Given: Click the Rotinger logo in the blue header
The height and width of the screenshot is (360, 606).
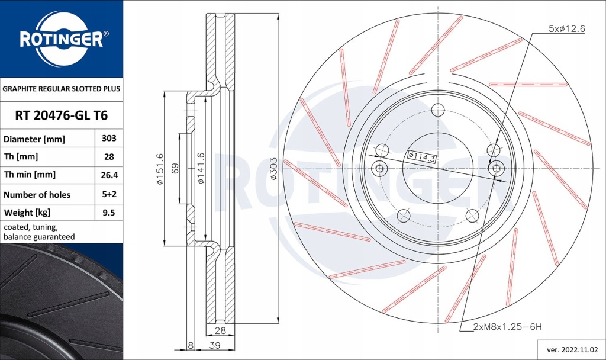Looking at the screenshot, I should pyautogui.click(x=62, y=39).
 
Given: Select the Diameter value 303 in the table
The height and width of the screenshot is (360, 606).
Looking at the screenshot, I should pyautogui.click(x=108, y=139).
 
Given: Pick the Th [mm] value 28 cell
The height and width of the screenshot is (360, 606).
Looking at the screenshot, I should pyautogui.click(x=108, y=157).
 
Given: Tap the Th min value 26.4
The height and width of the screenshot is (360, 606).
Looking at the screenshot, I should pyautogui.click(x=108, y=175).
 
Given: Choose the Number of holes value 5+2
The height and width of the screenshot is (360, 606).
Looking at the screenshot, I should pyautogui.click(x=108, y=194).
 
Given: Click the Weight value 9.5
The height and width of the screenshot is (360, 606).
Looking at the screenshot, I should pyautogui.click(x=108, y=212).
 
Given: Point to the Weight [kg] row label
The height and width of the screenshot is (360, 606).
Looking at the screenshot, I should pyautogui.click(x=27, y=212).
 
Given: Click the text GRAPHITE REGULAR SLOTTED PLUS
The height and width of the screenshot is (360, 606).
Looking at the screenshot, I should pyautogui.click(x=62, y=89).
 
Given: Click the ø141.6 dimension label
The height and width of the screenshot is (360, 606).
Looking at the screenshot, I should pyautogui.click(x=201, y=168).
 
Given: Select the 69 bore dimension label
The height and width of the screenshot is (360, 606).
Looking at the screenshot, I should pyautogui.click(x=175, y=168).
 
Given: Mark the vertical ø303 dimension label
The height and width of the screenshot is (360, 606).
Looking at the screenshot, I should pyautogui.click(x=273, y=168).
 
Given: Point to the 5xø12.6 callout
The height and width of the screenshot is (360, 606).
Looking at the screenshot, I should pyautogui.click(x=566, y=28).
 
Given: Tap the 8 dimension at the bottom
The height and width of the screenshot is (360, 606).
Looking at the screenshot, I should pyautogui.click(x=190, y=345).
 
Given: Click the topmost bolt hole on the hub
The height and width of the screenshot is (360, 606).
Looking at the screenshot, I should pyautogui.click(x=438, y=110).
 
